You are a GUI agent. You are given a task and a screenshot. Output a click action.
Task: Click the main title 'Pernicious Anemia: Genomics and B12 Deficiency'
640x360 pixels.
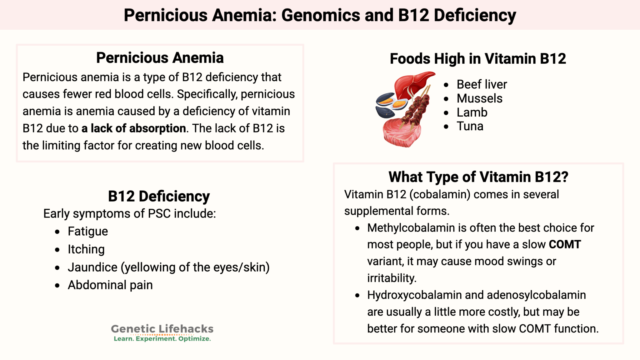320,15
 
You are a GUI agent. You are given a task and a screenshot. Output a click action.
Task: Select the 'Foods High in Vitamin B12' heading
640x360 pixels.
477,58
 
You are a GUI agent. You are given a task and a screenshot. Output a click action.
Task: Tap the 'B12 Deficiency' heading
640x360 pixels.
159,196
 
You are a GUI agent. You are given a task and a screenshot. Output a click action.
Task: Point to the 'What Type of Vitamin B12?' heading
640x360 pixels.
478,177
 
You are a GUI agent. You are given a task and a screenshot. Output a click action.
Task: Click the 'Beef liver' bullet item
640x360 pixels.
482,84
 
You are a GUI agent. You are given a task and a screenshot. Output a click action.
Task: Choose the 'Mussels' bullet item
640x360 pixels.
479,98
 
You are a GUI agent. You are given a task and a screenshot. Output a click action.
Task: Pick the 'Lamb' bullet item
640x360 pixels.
472,112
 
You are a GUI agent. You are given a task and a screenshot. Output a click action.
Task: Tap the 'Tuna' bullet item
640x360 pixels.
470,126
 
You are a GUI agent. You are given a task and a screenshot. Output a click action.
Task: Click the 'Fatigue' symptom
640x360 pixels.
88,231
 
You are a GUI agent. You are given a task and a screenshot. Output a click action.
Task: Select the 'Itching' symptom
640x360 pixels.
86,249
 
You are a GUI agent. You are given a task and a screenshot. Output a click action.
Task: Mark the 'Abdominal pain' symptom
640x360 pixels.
110,285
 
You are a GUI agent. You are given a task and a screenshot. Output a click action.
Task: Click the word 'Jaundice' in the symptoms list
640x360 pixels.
92,267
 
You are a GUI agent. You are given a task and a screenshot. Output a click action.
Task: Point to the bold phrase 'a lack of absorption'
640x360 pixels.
134,128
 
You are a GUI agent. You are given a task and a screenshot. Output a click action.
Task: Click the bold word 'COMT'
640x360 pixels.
565,244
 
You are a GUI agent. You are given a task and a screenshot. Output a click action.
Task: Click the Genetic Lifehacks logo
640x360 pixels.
162,333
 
